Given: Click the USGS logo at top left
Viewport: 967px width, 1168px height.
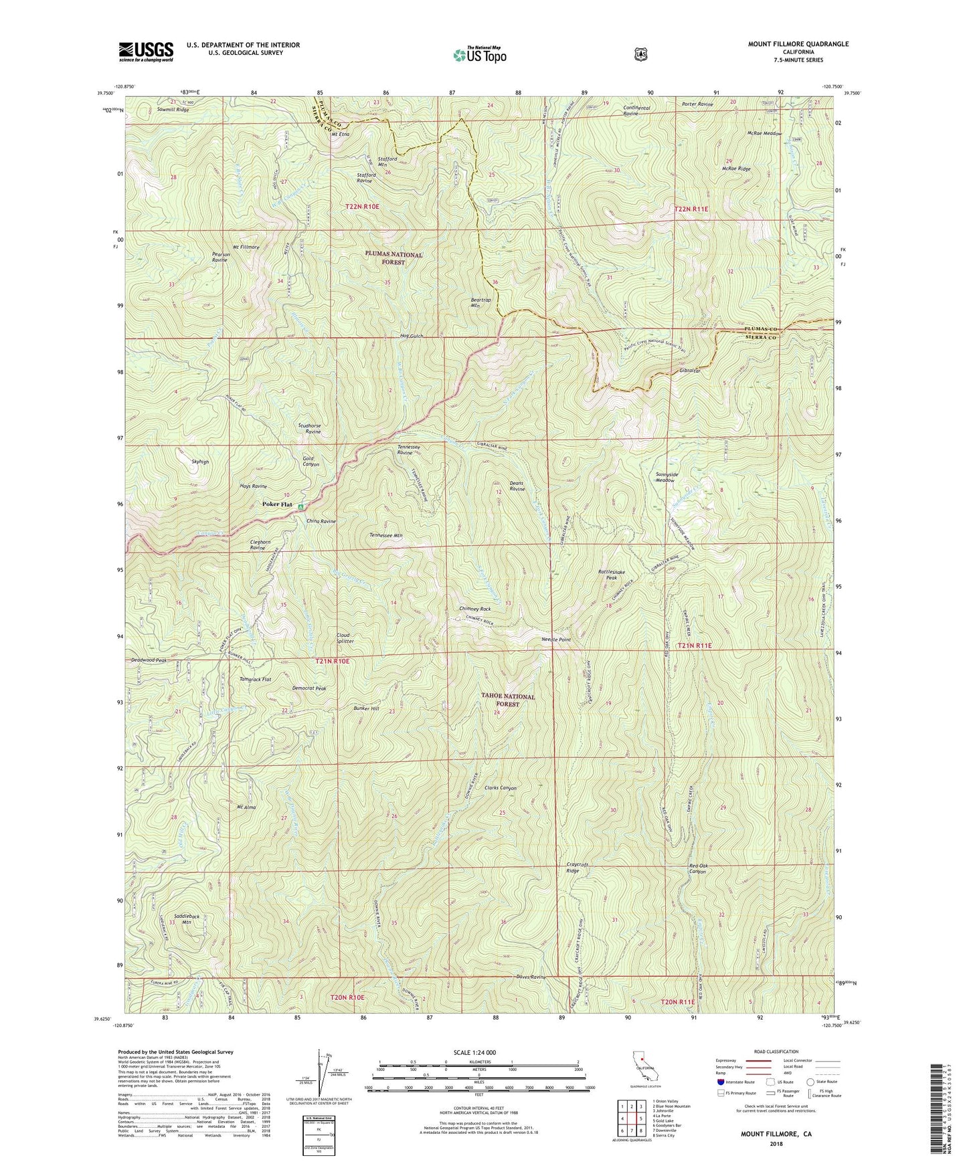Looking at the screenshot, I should coord(146,51).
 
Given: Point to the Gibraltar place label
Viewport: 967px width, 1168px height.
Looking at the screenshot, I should coord(689,371).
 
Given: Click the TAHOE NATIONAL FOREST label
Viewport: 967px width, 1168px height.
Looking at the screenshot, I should coord(509,700).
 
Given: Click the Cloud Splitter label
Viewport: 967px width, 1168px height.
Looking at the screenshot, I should coord(345,638).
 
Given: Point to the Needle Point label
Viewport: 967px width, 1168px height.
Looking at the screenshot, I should coord(555,640).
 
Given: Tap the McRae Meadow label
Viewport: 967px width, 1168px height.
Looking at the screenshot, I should coord(764,133).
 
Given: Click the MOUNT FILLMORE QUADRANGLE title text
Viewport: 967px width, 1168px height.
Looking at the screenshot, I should coord(798,44).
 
